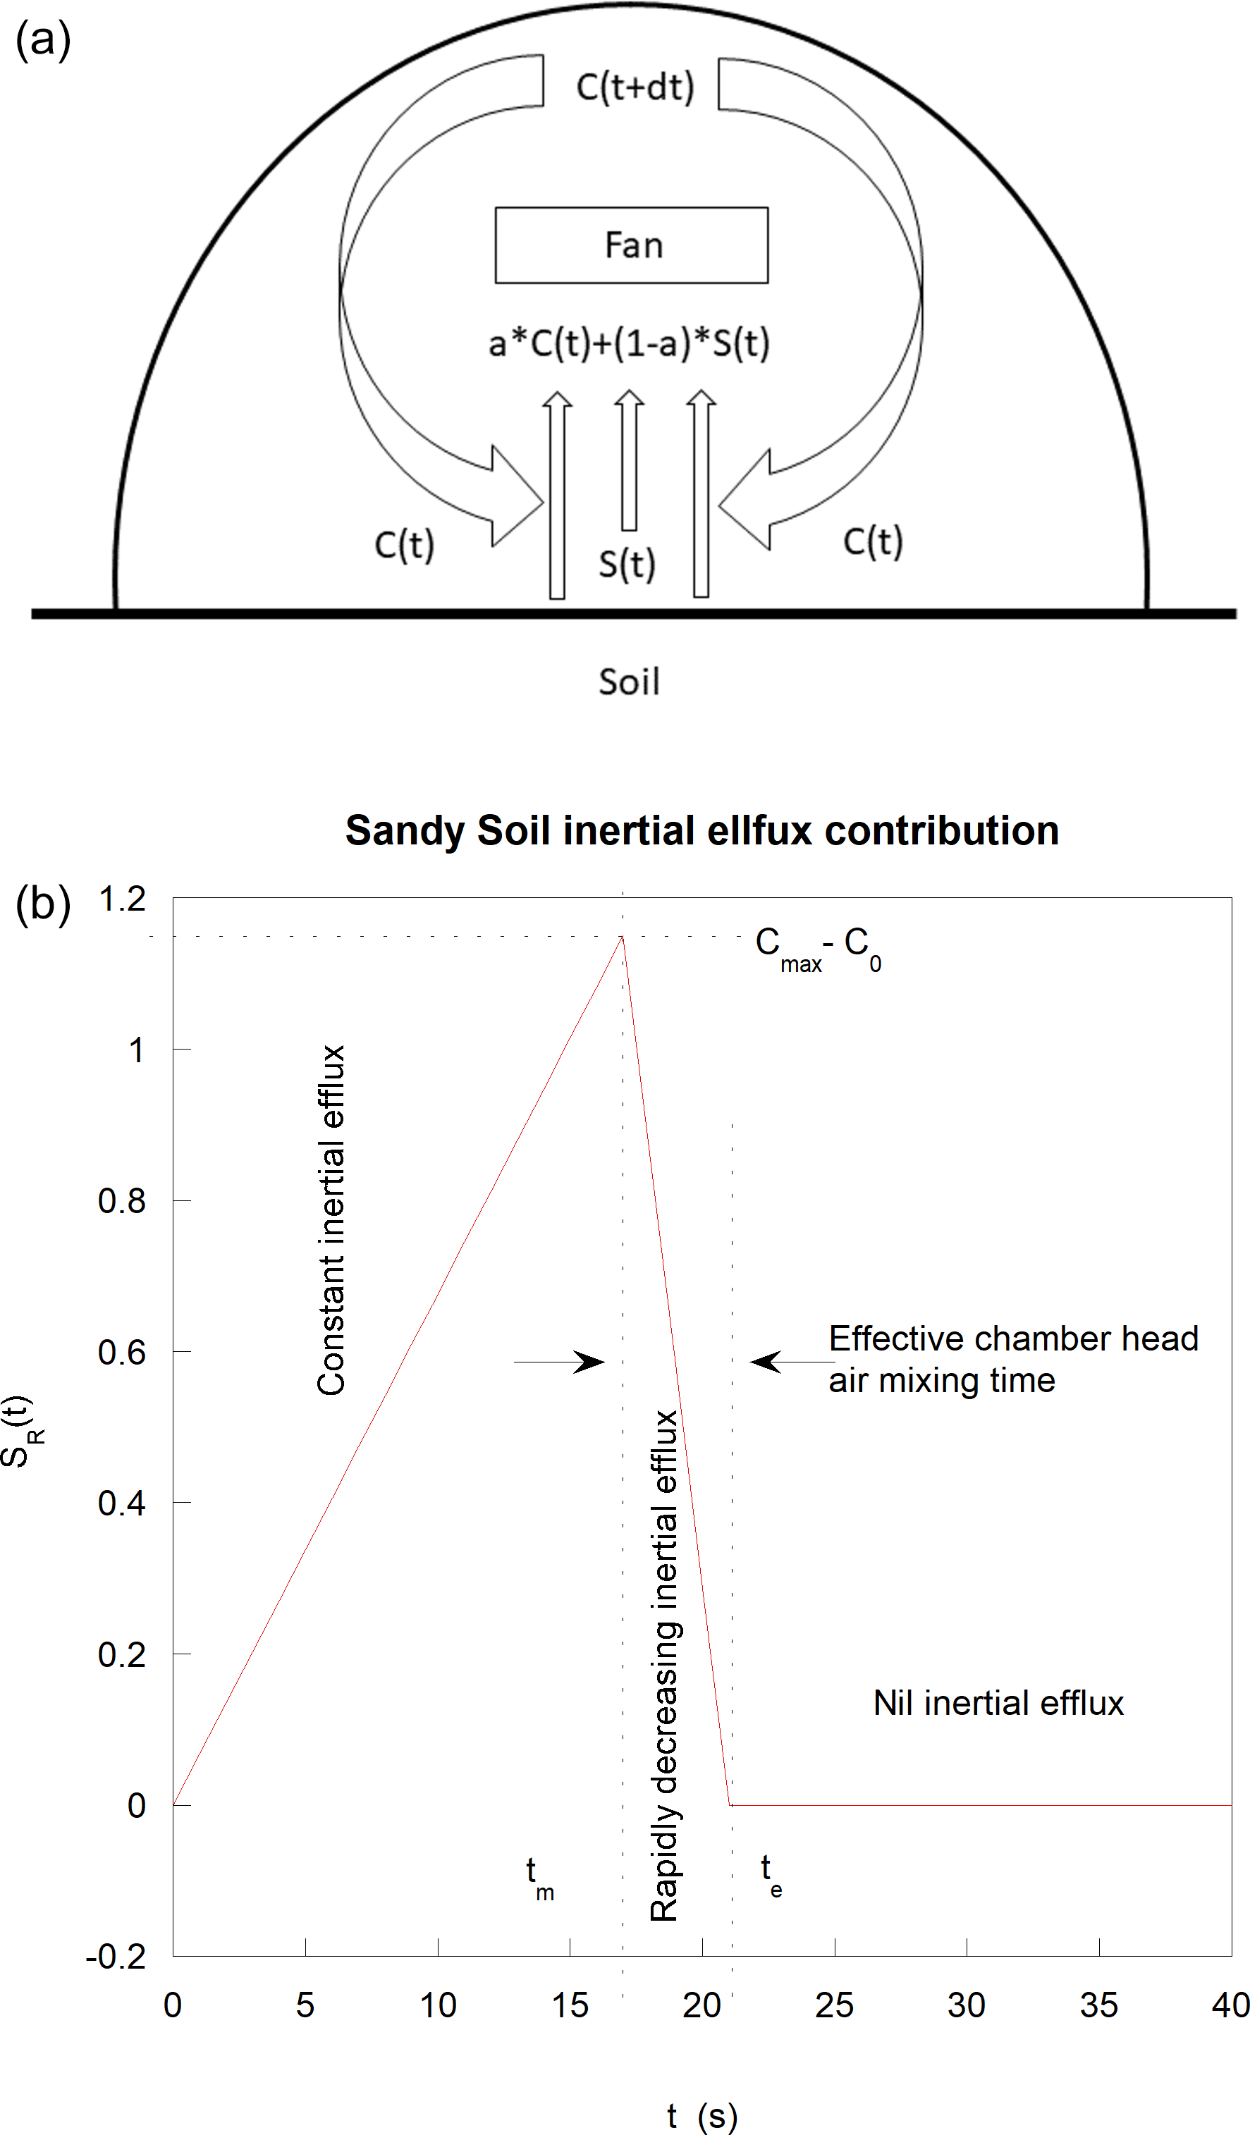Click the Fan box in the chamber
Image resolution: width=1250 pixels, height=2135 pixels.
coord(632,245)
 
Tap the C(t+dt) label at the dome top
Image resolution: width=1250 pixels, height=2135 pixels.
coord(635,87)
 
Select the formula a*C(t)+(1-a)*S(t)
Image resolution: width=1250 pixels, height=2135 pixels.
coord(629,343)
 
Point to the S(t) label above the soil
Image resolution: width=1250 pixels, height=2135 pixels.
coord(627,563)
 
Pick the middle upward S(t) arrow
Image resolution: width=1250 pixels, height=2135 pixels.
coord(629,462)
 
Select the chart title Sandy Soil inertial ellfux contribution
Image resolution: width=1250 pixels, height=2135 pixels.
coord(701,830)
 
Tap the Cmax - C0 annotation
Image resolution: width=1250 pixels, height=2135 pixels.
coord(819,948)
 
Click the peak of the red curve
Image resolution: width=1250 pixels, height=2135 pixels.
coord(622,937)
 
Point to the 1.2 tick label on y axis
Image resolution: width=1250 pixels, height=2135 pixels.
coord(123,899)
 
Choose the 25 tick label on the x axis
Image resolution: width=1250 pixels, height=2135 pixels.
coord(834,2005)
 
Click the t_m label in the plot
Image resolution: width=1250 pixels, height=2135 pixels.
coord(539,1876)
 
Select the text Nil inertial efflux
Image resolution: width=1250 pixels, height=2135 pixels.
coord(998,1703)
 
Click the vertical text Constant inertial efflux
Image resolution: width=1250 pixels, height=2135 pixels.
coord(331,1220)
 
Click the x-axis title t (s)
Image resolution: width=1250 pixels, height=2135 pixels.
coord(701,2115)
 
